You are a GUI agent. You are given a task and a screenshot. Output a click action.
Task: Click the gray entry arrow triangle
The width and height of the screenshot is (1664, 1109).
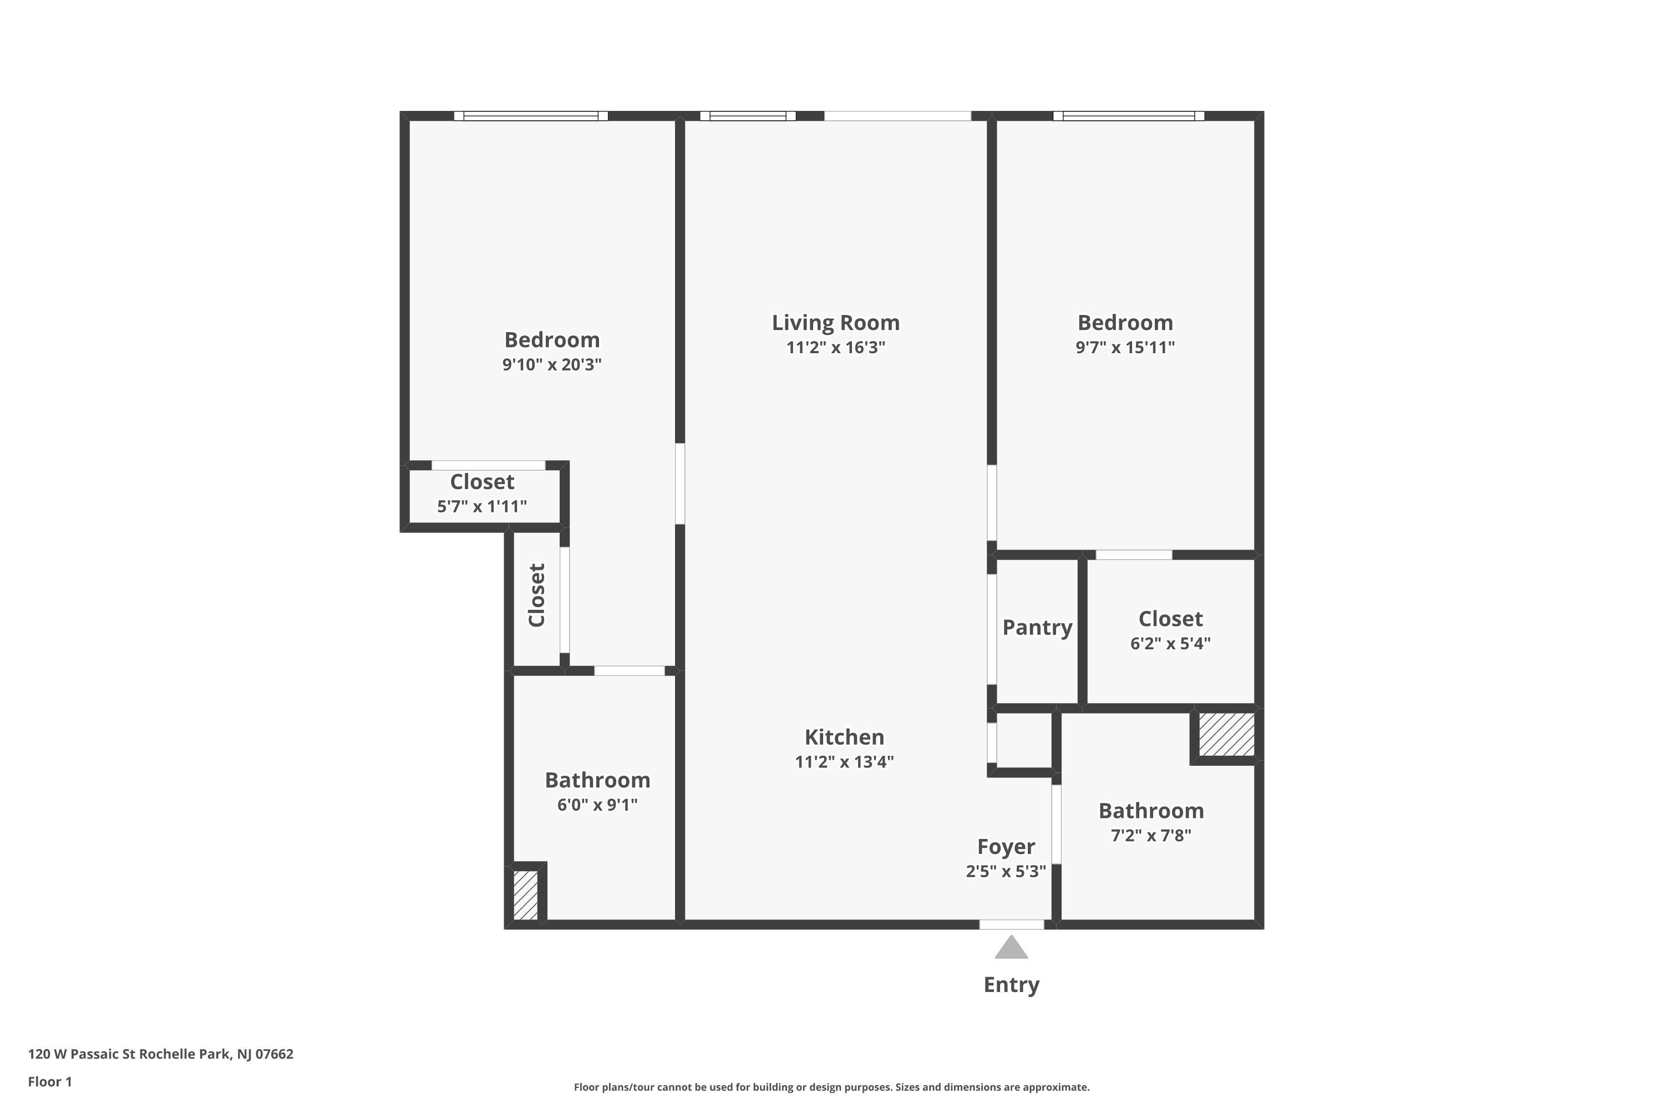[1011, 948]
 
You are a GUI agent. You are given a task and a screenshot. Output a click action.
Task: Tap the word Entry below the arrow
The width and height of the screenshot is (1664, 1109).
[1011, 985]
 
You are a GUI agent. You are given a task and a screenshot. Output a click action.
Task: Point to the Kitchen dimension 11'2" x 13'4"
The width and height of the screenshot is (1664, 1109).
[844, 762]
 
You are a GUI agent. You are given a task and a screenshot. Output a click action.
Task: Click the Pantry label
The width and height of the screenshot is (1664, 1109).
[1037, 627]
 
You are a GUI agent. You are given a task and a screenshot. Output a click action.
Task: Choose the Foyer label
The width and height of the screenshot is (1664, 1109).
[1006, 847]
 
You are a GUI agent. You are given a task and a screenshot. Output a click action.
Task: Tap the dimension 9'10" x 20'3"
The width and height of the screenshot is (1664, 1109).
[552, 364]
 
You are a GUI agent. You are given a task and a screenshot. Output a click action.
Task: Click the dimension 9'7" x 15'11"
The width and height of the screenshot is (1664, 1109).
[1125, 347]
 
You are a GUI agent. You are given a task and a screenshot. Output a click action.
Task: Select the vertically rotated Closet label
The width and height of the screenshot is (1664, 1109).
[537, 596]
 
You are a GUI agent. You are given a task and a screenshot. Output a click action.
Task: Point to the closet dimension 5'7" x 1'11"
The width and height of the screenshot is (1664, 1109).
[482, 506]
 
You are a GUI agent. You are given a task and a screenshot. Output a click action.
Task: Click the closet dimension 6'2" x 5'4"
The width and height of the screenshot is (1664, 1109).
[1170, 644]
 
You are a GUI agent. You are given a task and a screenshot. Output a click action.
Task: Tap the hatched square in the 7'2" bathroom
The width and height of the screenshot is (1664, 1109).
[1227, 735]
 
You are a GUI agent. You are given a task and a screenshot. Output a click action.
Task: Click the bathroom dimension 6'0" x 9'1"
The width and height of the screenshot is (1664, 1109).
[597, 805]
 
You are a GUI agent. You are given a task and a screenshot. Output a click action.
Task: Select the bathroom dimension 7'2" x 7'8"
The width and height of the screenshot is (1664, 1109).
[1151, 835]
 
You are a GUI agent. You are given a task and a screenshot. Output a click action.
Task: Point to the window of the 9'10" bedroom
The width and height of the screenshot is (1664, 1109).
[531, 116]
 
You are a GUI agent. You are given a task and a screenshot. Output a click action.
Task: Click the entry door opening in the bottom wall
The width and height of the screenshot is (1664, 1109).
[1012, 924]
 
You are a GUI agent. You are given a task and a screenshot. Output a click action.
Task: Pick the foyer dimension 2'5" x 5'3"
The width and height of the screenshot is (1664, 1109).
[1006, 871]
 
